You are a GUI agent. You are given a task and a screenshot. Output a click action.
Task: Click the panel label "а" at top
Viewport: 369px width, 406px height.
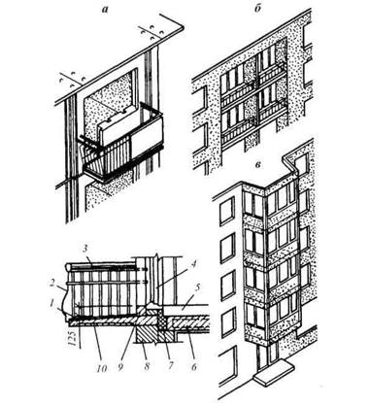pyautogui.click(x=104, y=10)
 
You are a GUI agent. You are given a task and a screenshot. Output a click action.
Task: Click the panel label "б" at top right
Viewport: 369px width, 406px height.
pyautogui.click(x=258, y=9)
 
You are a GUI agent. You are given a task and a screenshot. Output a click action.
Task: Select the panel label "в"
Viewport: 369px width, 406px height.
pyautogui.click(x=258, y=164)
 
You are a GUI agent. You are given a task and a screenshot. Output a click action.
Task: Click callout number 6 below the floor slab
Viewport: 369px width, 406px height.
pyautogui.click(x=193, y=367)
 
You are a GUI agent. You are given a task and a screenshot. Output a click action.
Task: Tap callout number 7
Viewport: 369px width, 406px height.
pyautogui.click(x=170, y=367)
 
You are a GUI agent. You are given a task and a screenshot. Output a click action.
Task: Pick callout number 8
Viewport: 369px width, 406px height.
pyautogui.click(x=147, y=367)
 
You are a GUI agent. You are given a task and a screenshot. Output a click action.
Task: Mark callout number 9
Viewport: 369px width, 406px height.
pyautogui.click(x=120, y=367)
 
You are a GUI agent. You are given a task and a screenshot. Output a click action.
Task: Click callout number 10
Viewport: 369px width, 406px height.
pyautogui.click(x=101, y=367)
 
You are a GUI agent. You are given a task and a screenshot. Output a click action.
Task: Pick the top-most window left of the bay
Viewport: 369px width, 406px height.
pyautogui.click(x=227, y=212)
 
